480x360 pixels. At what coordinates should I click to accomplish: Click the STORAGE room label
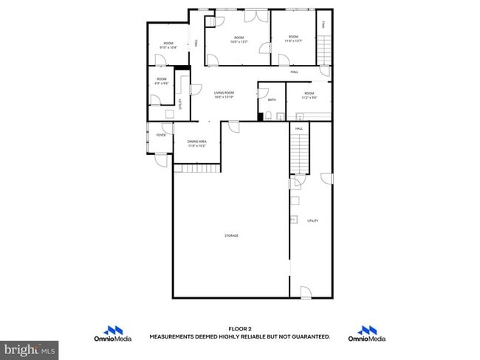pos(231,235)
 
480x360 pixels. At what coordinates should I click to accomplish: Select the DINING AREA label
pos(196,142)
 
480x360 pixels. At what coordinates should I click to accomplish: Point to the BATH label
pos(272,100)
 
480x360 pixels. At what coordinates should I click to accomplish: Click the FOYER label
pos(160,135)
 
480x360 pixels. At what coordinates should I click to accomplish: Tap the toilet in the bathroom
pos(270,115)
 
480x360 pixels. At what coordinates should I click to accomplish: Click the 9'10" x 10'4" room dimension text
pos(168,47)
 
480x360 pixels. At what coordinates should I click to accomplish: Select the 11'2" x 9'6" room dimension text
pos(309,97)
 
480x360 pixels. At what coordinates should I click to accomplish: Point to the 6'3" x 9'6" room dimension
pos(161,83)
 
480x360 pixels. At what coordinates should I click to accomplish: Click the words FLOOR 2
pos(240,328)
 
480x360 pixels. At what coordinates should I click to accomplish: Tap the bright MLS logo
pos(30,347)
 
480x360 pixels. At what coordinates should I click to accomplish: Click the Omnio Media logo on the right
pos(372,334)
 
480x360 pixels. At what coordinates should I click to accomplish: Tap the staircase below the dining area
pos(197,168)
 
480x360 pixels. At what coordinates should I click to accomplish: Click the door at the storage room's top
pos(233,127)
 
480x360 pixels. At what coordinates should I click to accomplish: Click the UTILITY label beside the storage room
pos(312,221)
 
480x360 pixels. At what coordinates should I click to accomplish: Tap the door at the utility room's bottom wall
pos(306,292)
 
